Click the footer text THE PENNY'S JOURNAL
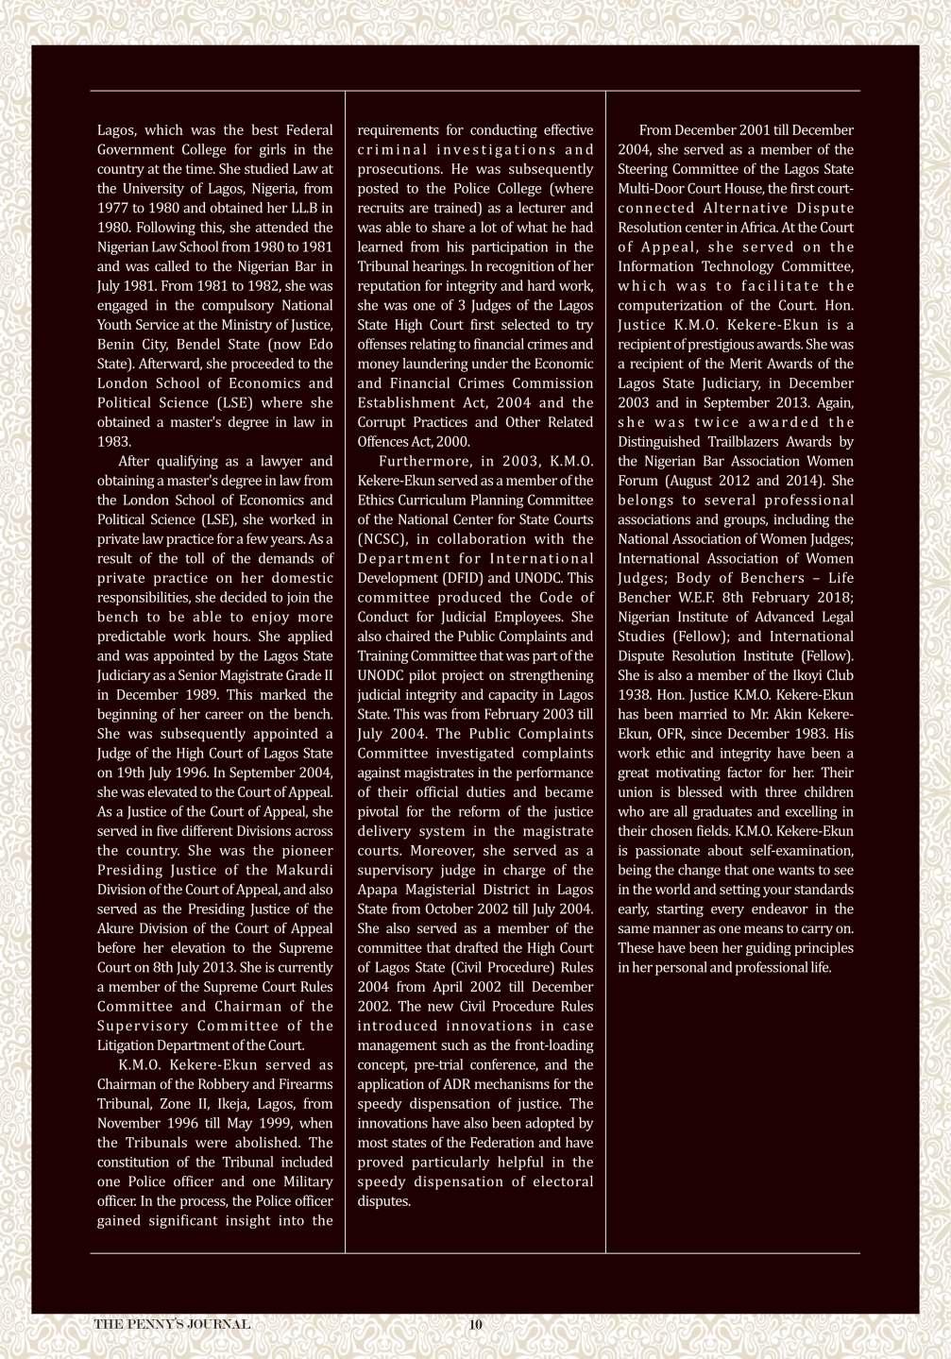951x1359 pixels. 172,1324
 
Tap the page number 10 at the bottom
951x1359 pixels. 475,1324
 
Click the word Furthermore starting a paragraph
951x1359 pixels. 425,461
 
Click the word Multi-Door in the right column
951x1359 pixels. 652,189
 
